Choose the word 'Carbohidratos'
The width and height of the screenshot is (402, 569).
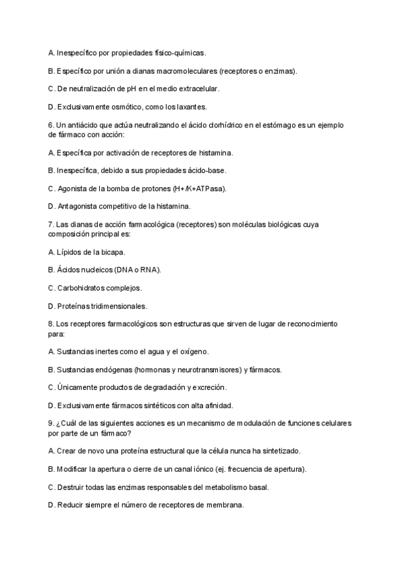[84, 288]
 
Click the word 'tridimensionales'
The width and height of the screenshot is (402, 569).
[118, 306]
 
